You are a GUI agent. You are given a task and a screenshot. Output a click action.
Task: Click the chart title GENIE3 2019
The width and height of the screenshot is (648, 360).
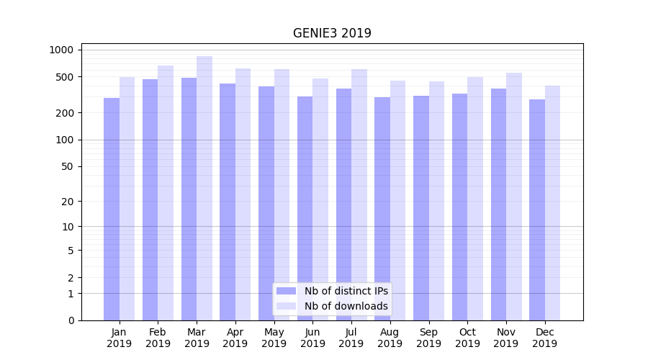click(x=332, y=33)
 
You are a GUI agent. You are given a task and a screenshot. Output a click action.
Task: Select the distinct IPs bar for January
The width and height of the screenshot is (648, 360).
click(x=112, y=209)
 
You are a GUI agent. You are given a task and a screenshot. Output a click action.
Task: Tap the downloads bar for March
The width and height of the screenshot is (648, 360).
click(x=204, y=187)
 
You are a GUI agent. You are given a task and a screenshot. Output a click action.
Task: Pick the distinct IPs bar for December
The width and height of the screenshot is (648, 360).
click(x=537, y=210)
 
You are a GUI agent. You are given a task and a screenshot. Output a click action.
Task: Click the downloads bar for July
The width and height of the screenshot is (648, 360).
click(x=359, y=194)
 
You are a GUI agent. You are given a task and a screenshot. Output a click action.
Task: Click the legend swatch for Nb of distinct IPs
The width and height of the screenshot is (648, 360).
click(x=286, y=291)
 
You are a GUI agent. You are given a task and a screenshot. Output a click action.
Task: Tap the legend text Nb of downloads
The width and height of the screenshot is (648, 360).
click(x=346, y=306)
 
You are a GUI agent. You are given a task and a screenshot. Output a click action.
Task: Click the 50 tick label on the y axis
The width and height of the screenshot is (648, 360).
click(x=67, y=166)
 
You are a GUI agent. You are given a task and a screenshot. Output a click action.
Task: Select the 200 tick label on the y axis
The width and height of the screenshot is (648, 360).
click(x=65, y=113)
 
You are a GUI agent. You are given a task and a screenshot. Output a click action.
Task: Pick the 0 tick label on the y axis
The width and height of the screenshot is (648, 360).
click(x=71, y=320)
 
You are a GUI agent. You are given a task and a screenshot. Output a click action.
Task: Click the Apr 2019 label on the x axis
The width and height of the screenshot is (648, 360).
click(x=235, y=338)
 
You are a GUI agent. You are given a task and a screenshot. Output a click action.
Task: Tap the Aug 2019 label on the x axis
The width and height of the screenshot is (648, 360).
click(x=390, y=338)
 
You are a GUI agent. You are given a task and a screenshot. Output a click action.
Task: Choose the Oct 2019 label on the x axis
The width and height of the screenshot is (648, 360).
click(x=467, y=338)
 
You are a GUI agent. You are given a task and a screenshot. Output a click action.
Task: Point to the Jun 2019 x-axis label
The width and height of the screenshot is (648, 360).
click(x=312, y=338)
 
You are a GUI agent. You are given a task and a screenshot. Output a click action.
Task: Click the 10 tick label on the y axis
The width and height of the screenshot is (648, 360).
click(x=67, y=226)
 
